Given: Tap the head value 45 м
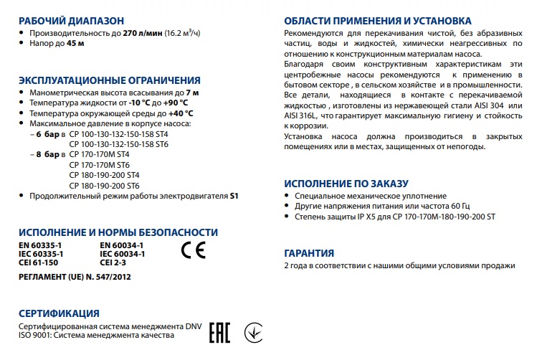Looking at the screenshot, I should click(76, 44).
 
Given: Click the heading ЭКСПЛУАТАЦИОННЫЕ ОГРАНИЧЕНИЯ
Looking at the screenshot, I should click(109, 80).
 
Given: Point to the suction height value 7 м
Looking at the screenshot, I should click(191, 93).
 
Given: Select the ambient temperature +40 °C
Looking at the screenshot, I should click(179, 113).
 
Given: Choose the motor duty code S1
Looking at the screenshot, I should click(234, 195).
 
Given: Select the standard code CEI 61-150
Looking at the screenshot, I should click(39, 263).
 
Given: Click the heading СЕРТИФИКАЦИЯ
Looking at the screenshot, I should click(58, 313).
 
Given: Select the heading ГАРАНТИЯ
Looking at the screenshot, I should click(309, 253).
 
